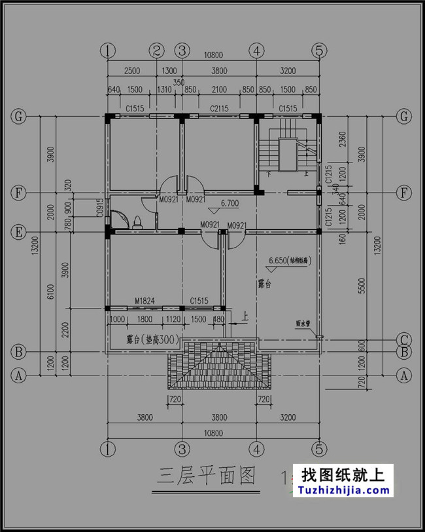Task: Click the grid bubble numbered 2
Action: [x=156, y=50]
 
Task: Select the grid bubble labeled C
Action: [x=405, y=339]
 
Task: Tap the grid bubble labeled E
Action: [x=19, y=232]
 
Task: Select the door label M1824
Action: [x=144, y=301]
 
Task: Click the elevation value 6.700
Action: [x=229, y=204]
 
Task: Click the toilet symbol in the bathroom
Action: [x=139, y=221]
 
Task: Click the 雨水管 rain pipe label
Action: [x=303, y=324]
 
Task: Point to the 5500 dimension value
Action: [x=379, y=286]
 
